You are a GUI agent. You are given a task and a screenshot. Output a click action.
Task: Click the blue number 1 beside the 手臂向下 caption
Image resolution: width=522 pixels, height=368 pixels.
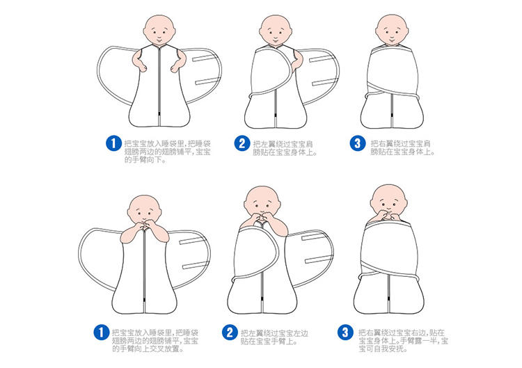pyautogui.click(x=113, y=143)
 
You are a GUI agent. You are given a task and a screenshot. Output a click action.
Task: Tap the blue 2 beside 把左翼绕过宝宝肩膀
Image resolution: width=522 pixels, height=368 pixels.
pyautogui.click(x=242, y=143)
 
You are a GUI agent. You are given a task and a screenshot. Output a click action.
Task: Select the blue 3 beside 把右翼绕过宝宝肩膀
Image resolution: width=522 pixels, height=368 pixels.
pyautogui.click(x=358, y=143)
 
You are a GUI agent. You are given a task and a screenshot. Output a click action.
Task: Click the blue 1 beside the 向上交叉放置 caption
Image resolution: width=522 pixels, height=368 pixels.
pyautogui.click(x=101, y=332)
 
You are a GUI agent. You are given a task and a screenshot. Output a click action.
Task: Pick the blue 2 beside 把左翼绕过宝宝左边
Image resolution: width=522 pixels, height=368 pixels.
pyautogui.click(x=230, y=332)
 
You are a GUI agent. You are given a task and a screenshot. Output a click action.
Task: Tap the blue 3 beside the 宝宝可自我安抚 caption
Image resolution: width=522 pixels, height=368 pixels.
pyautogui.click(x=345, y=332)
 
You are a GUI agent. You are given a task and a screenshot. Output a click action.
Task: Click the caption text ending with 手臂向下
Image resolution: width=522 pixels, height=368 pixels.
pyautogui.click(x=168, y=152)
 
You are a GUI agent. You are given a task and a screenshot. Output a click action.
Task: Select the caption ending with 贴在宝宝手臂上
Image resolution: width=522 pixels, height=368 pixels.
pyautogui.click(x=274, y=337)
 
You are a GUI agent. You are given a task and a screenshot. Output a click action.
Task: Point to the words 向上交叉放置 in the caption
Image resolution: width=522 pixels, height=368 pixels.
pyautogui.click(x=159, y=349)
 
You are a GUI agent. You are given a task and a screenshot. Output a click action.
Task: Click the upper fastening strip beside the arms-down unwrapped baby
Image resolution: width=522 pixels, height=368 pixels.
pyautogui.click(x=203, y=58)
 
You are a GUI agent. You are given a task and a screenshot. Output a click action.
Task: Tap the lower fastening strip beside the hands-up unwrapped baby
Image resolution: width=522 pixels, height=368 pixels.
pyautogui.click(x=195, y=265)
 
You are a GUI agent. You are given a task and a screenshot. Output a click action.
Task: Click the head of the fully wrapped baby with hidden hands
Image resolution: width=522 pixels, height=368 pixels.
pyautogui.click(x=392, y=30)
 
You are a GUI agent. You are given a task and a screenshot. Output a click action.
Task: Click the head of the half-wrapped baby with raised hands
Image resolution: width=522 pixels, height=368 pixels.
pyautogui.click(x=262, y=201)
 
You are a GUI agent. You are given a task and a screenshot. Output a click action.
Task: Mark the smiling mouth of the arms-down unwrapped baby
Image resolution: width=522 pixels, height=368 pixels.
pyautogui.click(x=159, y=39)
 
